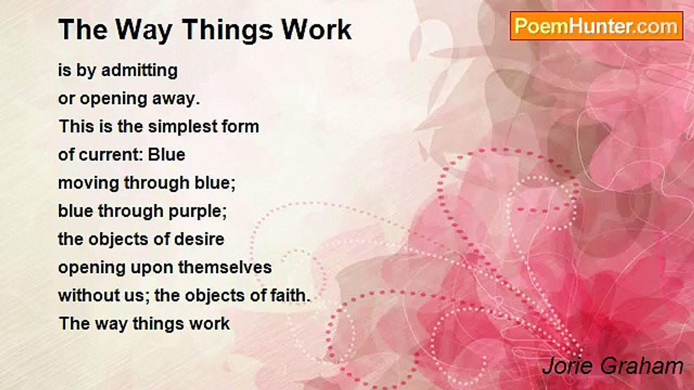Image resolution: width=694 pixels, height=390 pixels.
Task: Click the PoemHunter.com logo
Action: coord(596,25)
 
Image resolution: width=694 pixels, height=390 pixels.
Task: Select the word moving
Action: coord(89,183)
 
